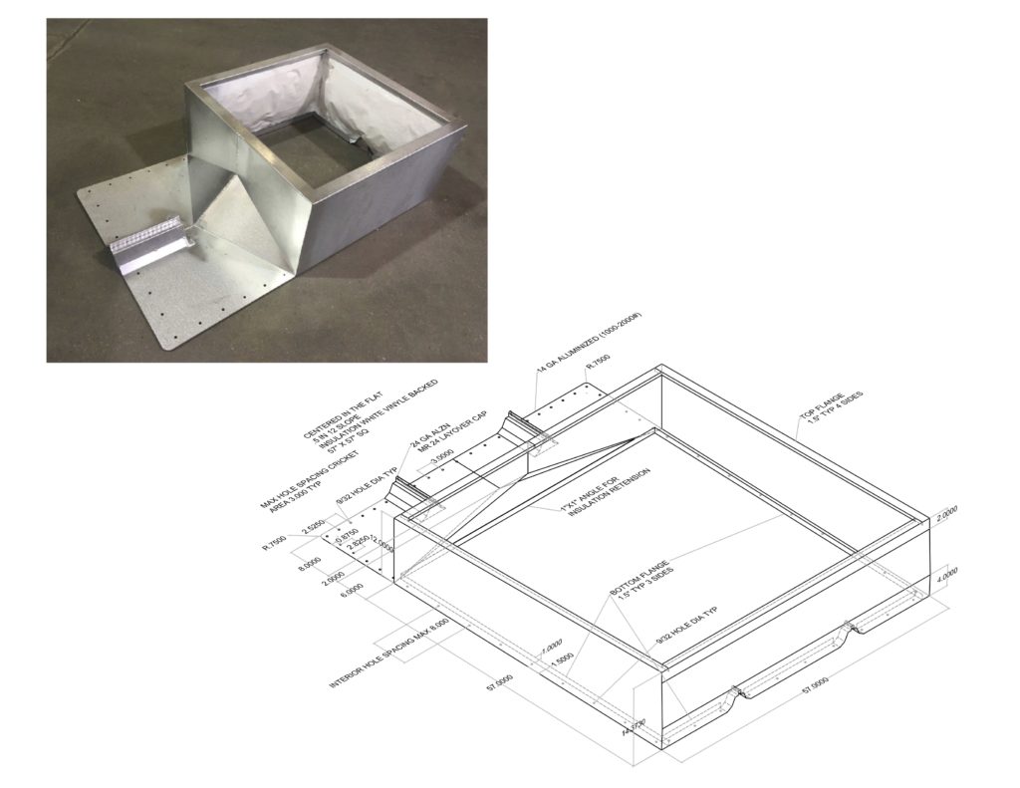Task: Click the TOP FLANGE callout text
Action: [x=829, y=412]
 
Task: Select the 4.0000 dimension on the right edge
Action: [x=947, y=577]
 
